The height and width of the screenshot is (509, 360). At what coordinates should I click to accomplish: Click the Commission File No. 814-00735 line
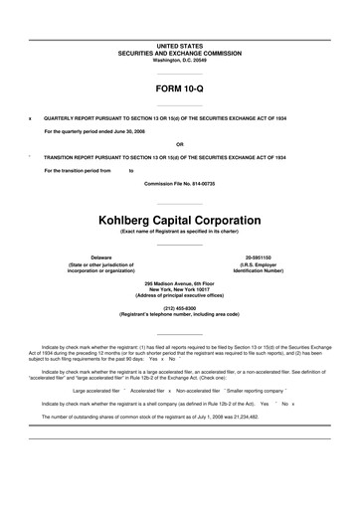(180, 184)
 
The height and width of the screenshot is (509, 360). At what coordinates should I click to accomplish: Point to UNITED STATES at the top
(180, 46)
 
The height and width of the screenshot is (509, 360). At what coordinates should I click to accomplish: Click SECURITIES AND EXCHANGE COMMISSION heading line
(180, 53)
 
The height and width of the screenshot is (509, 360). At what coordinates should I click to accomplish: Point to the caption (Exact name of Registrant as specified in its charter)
(180, 232)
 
